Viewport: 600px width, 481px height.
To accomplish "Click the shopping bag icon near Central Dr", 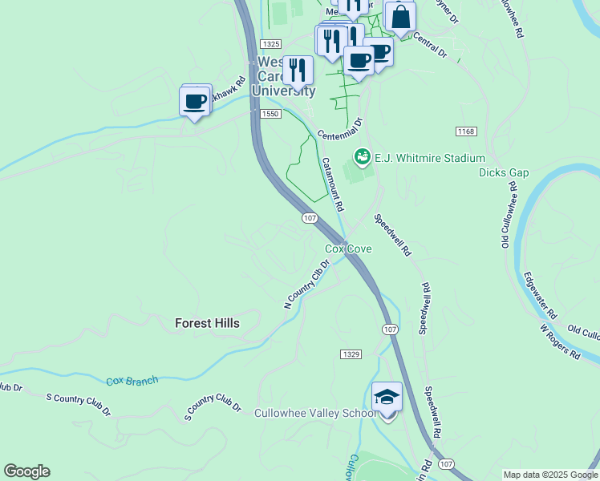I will tap(399, 15).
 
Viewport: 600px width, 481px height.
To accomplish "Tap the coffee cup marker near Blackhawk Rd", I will tap(195, 101).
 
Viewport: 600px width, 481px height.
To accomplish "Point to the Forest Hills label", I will tap(207, 323).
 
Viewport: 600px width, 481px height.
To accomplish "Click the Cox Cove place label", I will tap(348, 249).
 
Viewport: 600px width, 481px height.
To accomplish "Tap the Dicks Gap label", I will tap(504, 172).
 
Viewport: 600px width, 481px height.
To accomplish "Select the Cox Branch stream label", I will tap(132, 381).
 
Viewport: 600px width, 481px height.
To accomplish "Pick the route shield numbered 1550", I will tap(270, 115).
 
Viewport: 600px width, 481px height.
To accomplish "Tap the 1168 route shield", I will tap(465, 131).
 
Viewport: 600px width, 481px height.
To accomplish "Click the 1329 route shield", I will tap(351, 354).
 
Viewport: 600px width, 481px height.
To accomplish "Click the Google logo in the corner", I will tap(26, 471).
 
